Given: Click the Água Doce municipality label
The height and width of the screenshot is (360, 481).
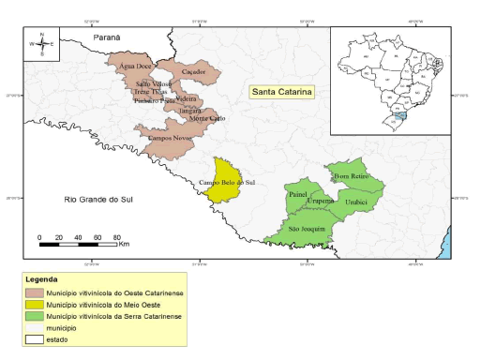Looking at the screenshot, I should pos(131,67).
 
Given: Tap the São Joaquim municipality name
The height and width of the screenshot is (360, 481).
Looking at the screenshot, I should pos(307,229).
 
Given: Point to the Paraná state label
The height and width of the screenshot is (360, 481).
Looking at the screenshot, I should pos(109,37).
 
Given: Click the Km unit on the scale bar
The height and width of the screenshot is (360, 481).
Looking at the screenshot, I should pos(124,244).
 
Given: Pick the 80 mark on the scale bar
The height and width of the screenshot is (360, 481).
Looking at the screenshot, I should pos(116,236).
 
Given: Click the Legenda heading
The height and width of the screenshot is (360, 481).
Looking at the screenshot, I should pos(42,279).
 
